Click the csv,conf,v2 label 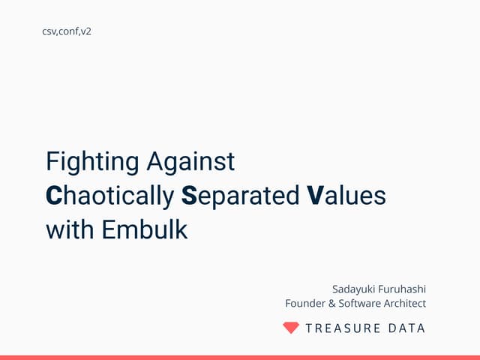coord(72,31)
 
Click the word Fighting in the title coord(93,161)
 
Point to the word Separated coord(241,196)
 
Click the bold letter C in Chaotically coord(53,196)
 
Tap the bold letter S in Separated coord(189,196)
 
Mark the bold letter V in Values coord(316,196)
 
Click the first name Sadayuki coord(356,288)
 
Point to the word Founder coord(305,303)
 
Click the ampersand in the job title coord(331,303)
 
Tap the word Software coord(359,303)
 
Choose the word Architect coord(405,303)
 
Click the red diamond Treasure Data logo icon coord(291,328)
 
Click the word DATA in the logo coord(408,328)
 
